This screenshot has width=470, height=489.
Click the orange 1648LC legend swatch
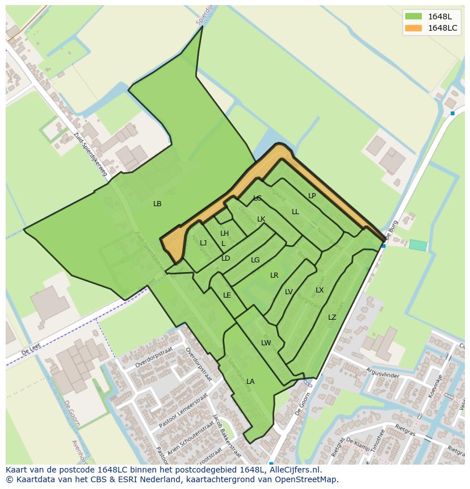[x=413, y=28]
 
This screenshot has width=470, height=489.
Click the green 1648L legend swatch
[x=413, y=16]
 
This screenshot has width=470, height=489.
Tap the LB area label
[x=157, y=203]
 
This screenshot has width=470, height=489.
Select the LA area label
[x=250, y=382]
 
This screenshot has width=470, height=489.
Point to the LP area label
[x=312, y=196]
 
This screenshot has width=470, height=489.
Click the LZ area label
[x=332, y=317]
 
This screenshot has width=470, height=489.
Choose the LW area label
[x=266, y=343]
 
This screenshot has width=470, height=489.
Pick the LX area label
[x=320, y=290]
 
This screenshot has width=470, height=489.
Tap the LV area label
[x=289, y=292]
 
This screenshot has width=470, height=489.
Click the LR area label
[x=274, y=275]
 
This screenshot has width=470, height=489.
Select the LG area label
[x=255, y=260]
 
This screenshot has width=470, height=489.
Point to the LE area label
[x=227, y=295]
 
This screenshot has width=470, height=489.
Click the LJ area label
[x=203, y=243]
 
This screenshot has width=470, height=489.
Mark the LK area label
[x=261, y=219]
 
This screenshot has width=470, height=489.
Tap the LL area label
[x=295, y=212]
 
